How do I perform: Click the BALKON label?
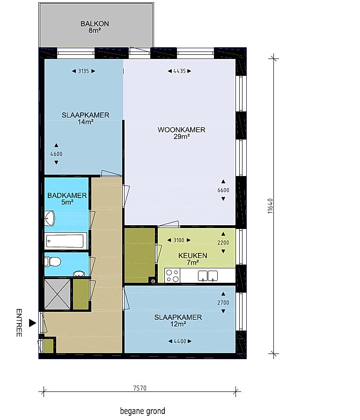click(95, 23)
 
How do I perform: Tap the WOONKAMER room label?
click(181, 130)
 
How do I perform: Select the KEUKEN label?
click(192, 256)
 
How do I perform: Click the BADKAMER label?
click(67, 195)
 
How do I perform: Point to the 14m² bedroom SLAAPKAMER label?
click(86, 115)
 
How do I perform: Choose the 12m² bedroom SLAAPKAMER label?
click(178, 317)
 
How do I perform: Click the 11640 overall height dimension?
click(270, 206)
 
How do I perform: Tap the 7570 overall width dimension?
click(140, 388)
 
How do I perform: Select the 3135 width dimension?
click(83, 71)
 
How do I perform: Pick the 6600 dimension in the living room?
click(223, 190)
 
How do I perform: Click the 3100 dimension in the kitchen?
click(179, 240)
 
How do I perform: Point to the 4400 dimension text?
click(180, 341)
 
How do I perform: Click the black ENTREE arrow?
click(32, 323)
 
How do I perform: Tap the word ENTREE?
click(19, 323)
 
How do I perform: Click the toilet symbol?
click(52, 261)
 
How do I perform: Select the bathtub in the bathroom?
click(65, 241)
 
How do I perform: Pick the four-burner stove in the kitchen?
click(172, 276)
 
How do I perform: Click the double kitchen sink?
click(207, 276)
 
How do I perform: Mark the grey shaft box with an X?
click(57, 294)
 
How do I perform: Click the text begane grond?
click(142, 411)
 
